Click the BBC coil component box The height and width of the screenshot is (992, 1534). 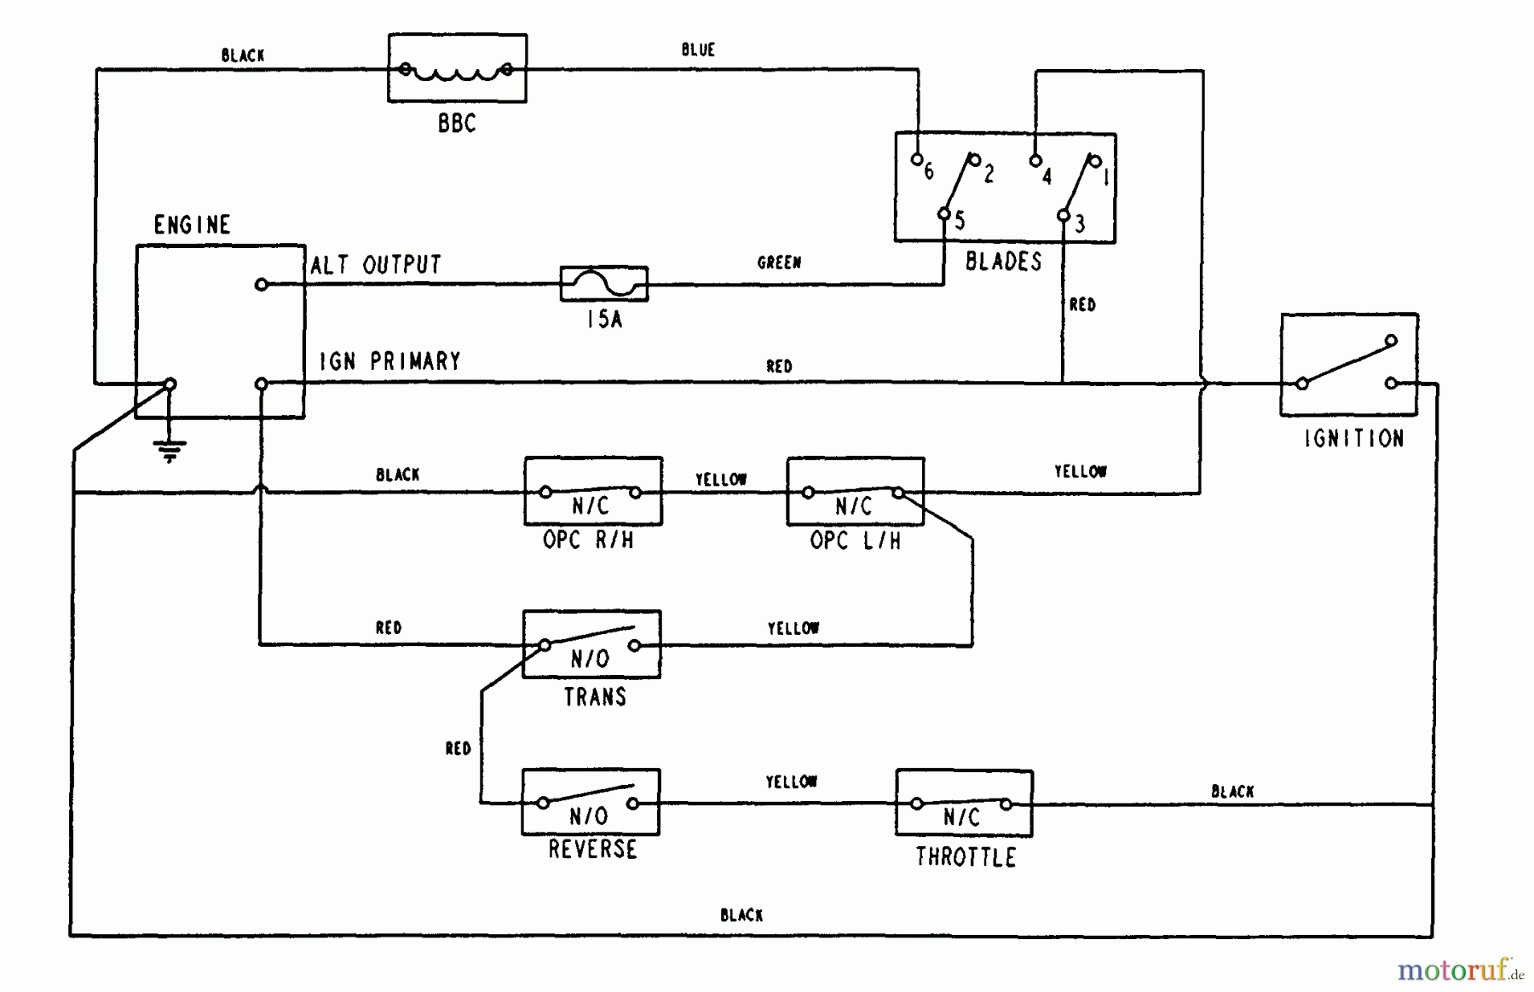point(457,68)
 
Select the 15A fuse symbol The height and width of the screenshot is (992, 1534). point(603,284)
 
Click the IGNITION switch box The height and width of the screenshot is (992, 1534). point(1348,365)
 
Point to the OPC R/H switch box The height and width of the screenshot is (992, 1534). point(592,492)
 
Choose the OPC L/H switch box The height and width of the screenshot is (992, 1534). point(855,492)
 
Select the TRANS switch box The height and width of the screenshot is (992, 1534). point(591,644)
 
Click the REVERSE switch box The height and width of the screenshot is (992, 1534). point(591,802)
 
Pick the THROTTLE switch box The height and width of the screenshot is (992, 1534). point(964,803)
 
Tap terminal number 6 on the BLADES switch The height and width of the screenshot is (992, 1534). point(917,159)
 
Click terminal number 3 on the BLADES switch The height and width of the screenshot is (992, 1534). point(1064,216)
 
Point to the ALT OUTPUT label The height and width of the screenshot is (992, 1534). point(376,265)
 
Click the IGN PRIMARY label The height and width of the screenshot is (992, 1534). point(389,361)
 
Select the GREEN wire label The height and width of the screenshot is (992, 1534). point(779,262)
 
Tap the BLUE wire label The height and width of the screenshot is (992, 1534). point(698,50)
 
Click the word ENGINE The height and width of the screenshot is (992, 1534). point(192,225)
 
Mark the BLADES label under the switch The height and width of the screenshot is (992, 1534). point(1003,262)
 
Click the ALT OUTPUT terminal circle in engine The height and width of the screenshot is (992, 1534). point(262,285)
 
